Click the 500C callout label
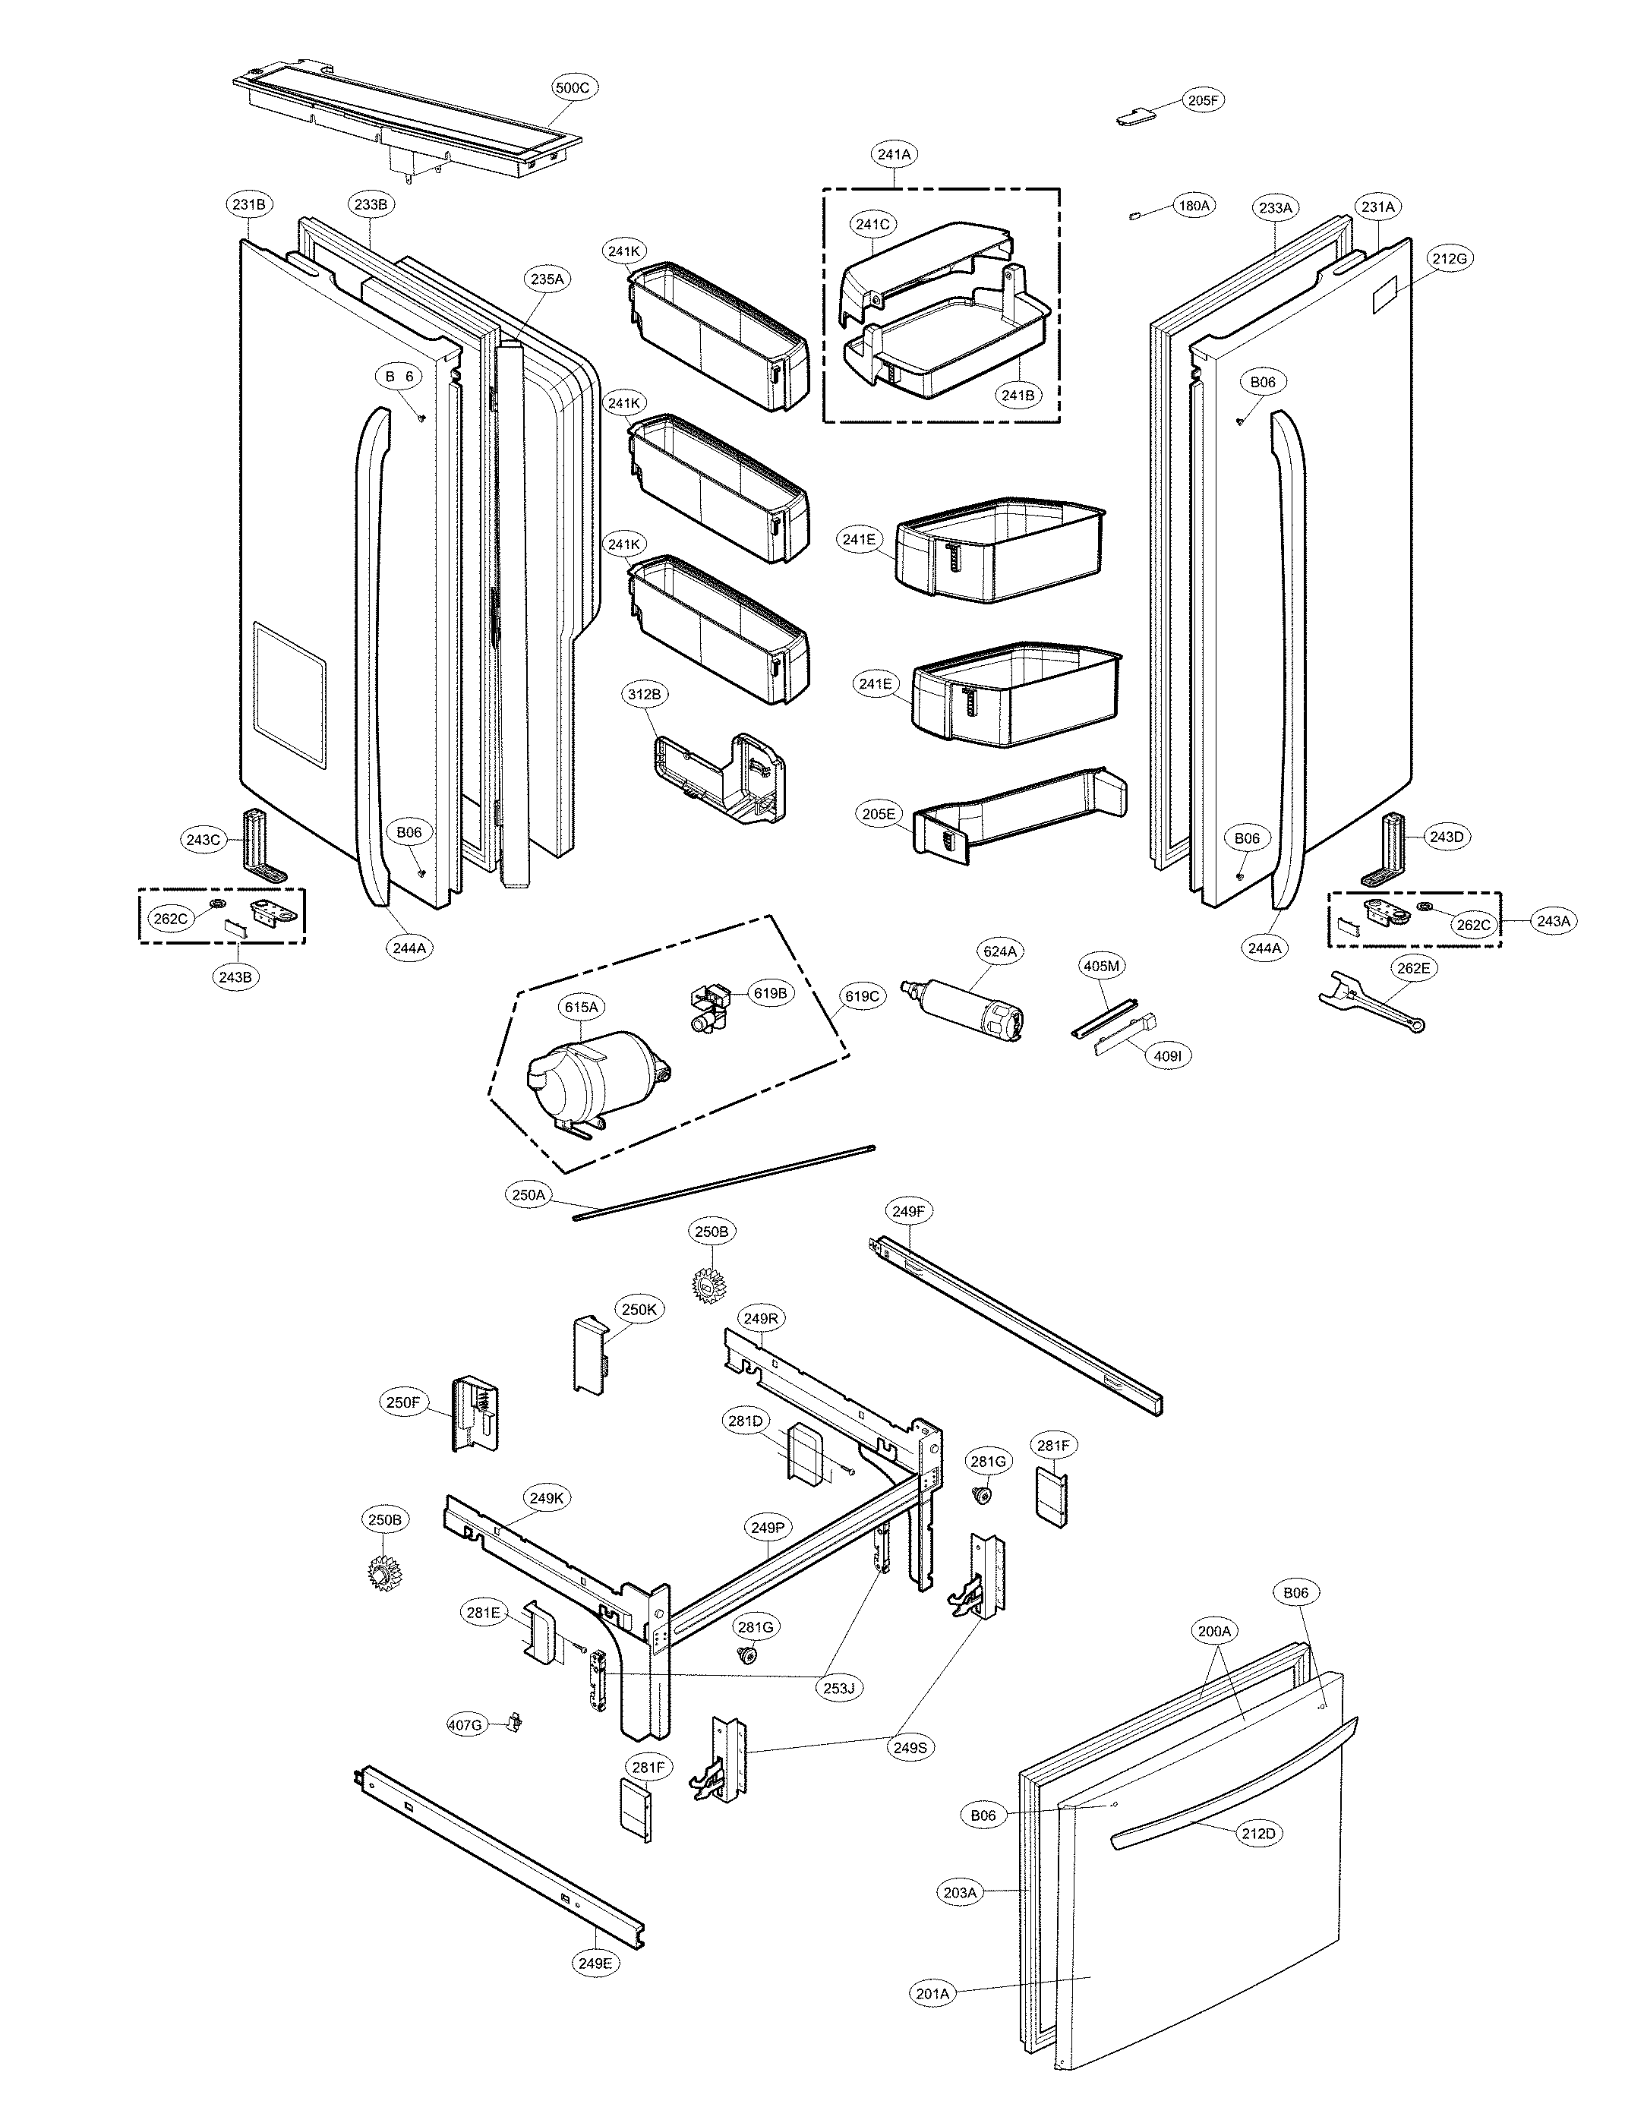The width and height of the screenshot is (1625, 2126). (x=572, y=87)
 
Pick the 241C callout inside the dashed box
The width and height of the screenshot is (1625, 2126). (x=872, y=225)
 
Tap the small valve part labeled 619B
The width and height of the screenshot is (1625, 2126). (x=711, y=1009)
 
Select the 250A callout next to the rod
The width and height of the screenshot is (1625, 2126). (x=529, y=1196)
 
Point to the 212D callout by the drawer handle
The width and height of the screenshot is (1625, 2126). (x=1258, y=1833)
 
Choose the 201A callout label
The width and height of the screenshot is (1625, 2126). (x=932, y=1993)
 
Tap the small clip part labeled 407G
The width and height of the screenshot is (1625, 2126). (x=515, y=1723)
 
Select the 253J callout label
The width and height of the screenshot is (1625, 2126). (x=838, y=1689)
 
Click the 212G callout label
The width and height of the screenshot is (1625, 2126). (x=1449, y=259)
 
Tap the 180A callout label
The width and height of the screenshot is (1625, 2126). (x=1194, y=206)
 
